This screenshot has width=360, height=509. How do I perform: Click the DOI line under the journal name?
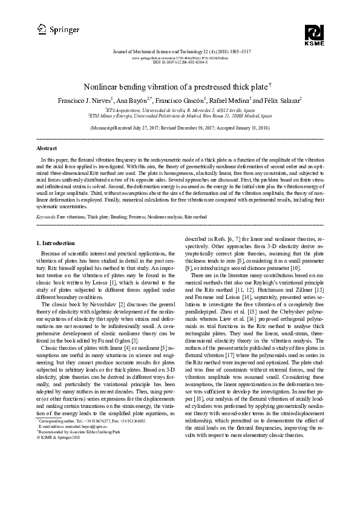180,62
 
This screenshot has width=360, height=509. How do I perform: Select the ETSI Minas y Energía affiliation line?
180,117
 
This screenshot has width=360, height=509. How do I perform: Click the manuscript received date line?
180,129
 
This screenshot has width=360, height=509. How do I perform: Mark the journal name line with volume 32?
180,53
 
